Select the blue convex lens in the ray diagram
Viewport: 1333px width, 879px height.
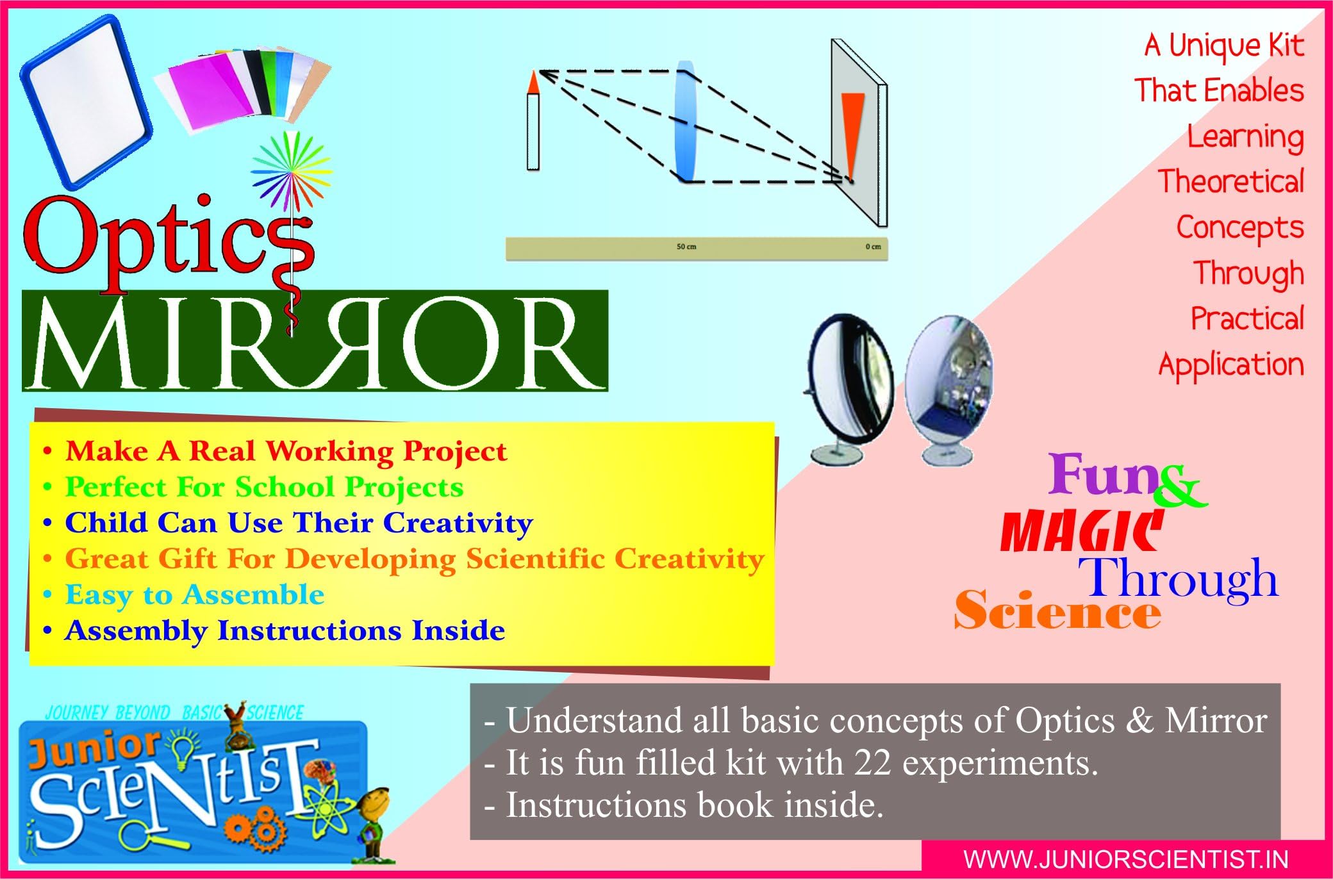click(x=685, y=122)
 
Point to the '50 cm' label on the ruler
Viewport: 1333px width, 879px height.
click(x=686, y=247)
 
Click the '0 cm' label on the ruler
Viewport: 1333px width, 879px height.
click(x=873, y=247)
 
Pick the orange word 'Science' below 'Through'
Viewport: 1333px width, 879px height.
click(x=1057, y=612)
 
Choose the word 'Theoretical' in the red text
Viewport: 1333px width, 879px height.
click(x=1230, y=182)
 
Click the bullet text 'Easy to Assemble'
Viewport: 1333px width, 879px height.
click(x=195, y=595)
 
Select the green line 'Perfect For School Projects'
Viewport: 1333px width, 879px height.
click(x=264, y=488)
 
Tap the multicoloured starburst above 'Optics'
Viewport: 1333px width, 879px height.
click(x=292, y=170)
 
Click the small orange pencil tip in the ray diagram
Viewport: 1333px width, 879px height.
click(x=533, y=82)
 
